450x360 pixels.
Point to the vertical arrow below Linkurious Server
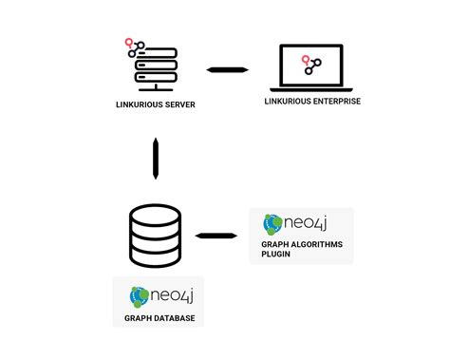coord(155,158)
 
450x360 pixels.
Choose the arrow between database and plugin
coord(217,235)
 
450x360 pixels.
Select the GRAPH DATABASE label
coord(159,318)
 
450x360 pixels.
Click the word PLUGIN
coord(277,255)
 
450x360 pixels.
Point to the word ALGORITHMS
coord(314,244)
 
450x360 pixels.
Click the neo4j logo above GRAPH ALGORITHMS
coord(295,224)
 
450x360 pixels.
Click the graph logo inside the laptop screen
coord(310,65)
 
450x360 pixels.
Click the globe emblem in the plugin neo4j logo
coord(272,224)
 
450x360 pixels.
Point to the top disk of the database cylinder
coord(154,217)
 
